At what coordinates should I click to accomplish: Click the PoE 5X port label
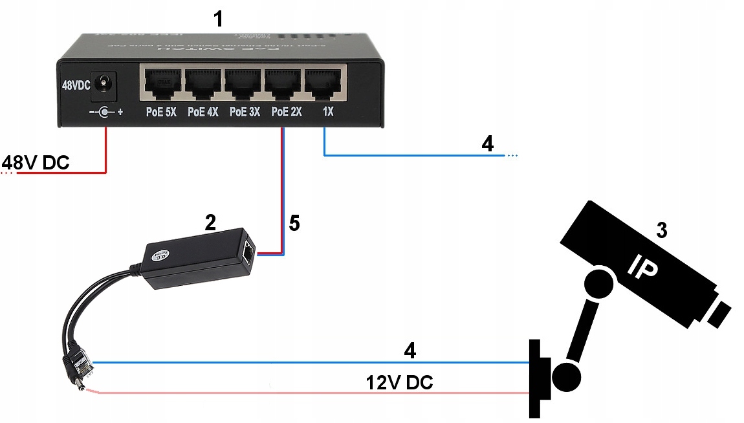pos(161,112)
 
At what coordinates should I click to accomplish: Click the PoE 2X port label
pos(286,112)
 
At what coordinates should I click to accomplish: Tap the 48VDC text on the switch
pos(76,85)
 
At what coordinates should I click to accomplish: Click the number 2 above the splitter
pos(210,223)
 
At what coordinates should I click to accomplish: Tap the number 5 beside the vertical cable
pos(294,224)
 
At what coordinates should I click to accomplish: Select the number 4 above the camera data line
pos(410,351)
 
